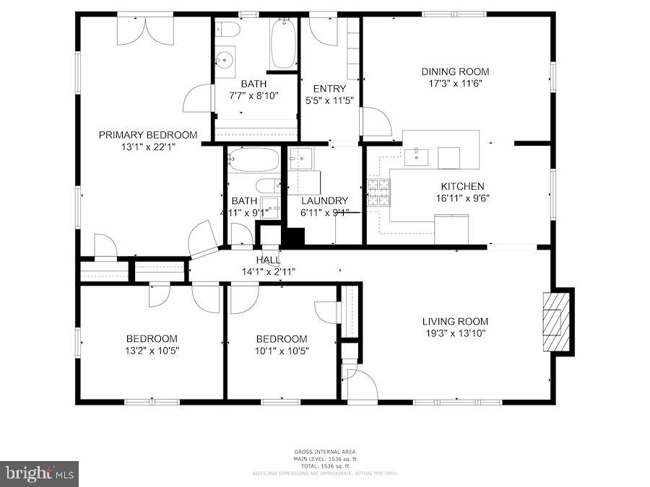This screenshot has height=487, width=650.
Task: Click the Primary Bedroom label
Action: [147, 135]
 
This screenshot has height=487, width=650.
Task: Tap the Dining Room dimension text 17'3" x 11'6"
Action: [455, 83]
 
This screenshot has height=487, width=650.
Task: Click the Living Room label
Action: [455, 321]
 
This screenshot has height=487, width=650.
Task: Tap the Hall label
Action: [268, 260]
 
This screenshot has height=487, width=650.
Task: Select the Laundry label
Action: [324, 201]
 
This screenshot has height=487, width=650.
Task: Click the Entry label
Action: [329, 89]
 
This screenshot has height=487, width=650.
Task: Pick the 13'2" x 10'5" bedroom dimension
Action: [152, 351]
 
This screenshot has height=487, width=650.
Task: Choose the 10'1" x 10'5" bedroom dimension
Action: [282, 351]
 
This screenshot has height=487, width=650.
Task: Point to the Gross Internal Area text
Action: [324, 452]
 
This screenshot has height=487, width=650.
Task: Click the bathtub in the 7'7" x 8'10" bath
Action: [283, 43]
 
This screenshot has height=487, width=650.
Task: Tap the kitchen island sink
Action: [417, 154]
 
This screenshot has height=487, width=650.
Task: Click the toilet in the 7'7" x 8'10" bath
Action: [230, 30]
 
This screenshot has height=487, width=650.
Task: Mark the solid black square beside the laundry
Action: [293, 237]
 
